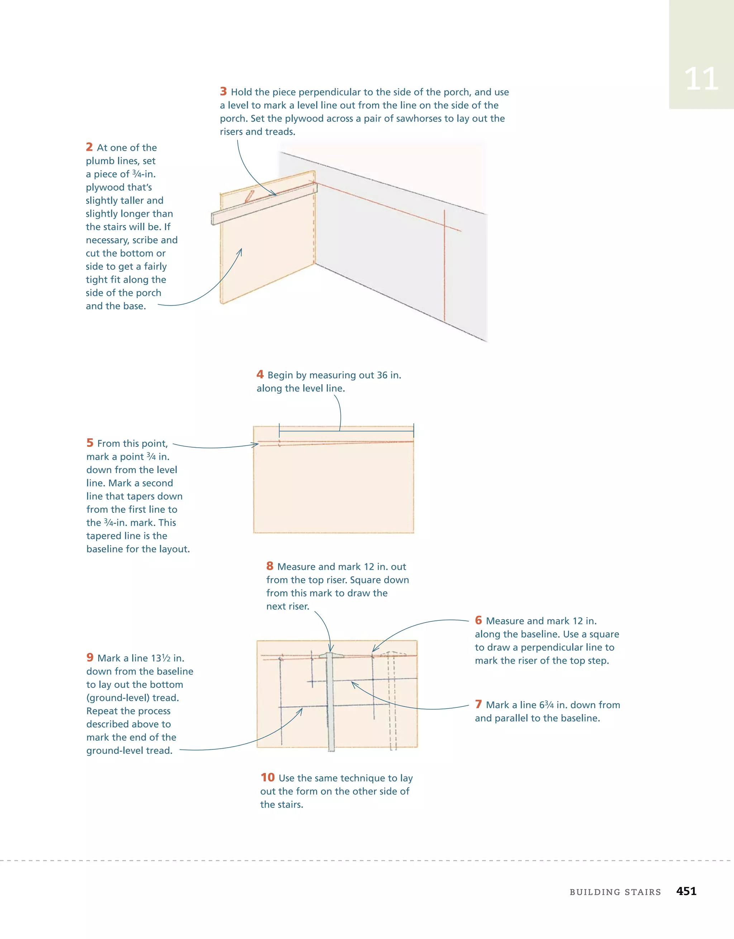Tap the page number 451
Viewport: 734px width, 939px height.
[686, 891]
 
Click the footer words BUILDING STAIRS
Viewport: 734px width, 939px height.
[615, 892]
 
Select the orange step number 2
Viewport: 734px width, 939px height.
[89, 147]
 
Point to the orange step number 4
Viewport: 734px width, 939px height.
[260, 374]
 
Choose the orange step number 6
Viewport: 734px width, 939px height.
[478, 620]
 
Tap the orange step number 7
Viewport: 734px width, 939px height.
[478, 704]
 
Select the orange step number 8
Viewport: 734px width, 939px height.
[270, 566]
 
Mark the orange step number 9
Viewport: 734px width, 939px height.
[90, 657]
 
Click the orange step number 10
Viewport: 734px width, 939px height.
[267, 777]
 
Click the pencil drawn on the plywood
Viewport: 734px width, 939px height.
[249, 196]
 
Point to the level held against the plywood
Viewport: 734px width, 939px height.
[264, 204]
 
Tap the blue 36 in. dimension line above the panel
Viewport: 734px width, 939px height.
[346, 430]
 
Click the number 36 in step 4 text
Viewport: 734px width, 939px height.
[382, 375]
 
